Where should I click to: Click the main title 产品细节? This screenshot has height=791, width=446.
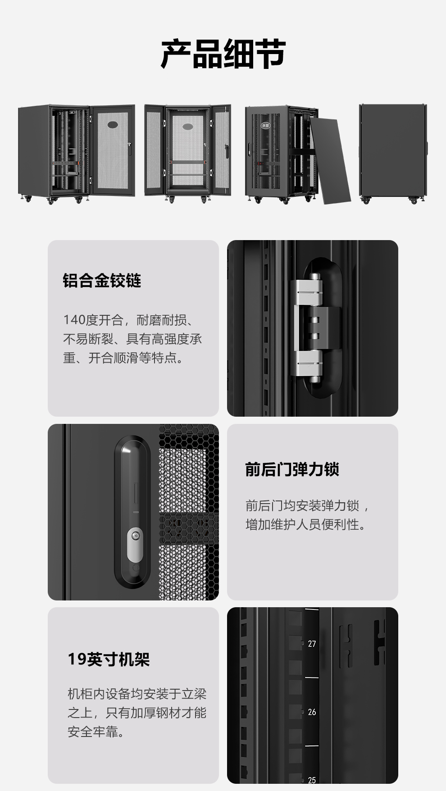223,54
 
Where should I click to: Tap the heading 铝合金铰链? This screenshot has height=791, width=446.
102,281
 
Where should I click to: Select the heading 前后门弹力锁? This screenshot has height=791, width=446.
292,469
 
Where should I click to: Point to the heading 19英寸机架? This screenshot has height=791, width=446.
109,659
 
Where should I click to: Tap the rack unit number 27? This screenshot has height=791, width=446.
312,644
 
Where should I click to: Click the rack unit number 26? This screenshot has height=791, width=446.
312,712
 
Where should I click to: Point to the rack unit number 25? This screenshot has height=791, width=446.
312,780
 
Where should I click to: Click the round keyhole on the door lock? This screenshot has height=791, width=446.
135,536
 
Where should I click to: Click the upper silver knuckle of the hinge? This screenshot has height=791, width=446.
309,291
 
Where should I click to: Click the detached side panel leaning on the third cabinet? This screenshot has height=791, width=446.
330,160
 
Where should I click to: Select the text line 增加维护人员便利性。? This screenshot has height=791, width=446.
306,524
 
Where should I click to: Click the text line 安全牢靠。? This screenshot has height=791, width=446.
96,732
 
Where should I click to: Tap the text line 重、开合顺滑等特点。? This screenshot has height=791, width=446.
123,358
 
